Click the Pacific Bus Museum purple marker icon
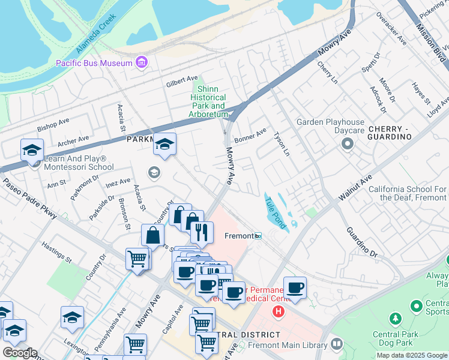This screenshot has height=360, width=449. (142, 62)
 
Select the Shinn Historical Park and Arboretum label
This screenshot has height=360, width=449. (209, 101)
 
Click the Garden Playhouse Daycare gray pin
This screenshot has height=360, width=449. (347, 143)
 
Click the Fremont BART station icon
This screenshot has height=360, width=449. (258, 236)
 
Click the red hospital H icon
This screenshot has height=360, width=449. (279, 311)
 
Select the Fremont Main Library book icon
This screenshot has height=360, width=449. (336, 344)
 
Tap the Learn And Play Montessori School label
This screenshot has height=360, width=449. (79, 163)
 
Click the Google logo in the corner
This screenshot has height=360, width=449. (19, 353)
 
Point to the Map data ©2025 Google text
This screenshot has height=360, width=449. (412, 355)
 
